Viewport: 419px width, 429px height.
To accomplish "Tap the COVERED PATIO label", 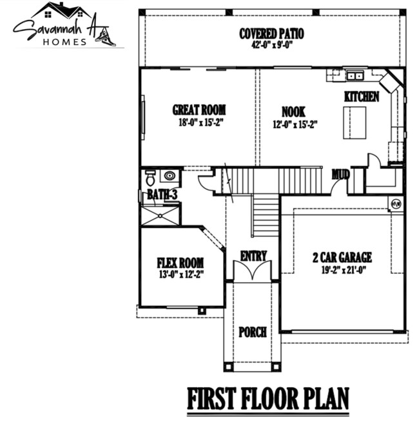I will [x=271, y=33].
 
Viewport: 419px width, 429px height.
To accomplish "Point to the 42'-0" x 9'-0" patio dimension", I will [x=271, y=44].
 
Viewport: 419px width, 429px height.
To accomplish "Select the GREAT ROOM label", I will [x=199, y=110].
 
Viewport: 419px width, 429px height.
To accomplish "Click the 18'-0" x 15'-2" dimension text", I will [x=199, y=122].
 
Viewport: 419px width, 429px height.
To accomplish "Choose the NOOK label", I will [x=293, y=111].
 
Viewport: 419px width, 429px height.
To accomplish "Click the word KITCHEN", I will [x=362, y=96].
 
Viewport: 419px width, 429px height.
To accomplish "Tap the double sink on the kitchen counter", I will [x=355, y=76].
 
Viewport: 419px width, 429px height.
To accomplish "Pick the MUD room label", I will [x=340, y=174].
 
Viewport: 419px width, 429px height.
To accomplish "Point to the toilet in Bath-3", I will [x=150, y=176].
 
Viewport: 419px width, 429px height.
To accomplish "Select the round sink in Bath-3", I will [x=171, y=175].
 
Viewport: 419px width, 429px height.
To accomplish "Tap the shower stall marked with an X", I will [x=161, y=214].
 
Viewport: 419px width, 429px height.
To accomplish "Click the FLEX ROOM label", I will [x=180, y=263].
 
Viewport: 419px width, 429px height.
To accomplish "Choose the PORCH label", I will [x=253, y=332].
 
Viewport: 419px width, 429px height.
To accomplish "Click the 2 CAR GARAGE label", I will [x=342, y=258].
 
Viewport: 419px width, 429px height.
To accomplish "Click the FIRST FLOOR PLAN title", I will [x=268, y=399].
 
